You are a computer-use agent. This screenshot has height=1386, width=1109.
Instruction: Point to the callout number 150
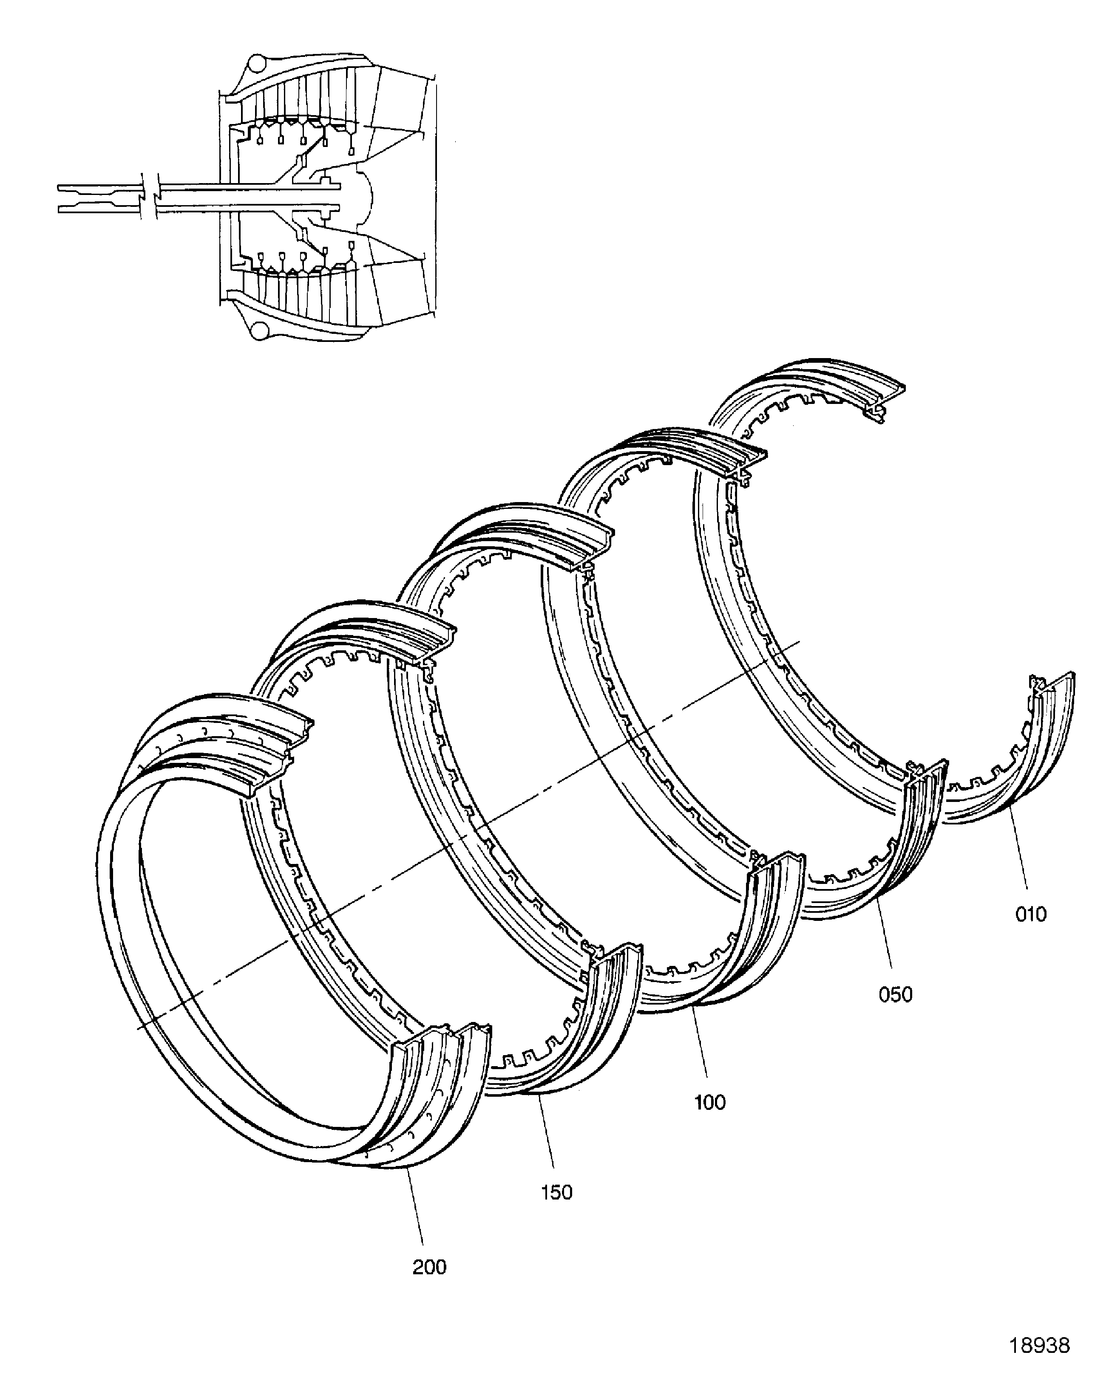tap(556, 1192)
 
